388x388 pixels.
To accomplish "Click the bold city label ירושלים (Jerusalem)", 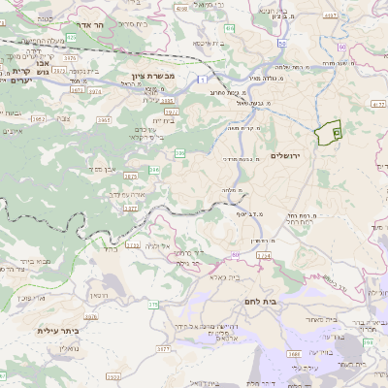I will [289, 155].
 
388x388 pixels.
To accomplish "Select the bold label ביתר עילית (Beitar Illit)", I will [56, 331].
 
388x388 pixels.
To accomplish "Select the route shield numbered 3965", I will [77, 120].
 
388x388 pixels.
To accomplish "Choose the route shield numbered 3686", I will [293, 354].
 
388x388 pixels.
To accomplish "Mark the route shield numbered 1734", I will [263, 255].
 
